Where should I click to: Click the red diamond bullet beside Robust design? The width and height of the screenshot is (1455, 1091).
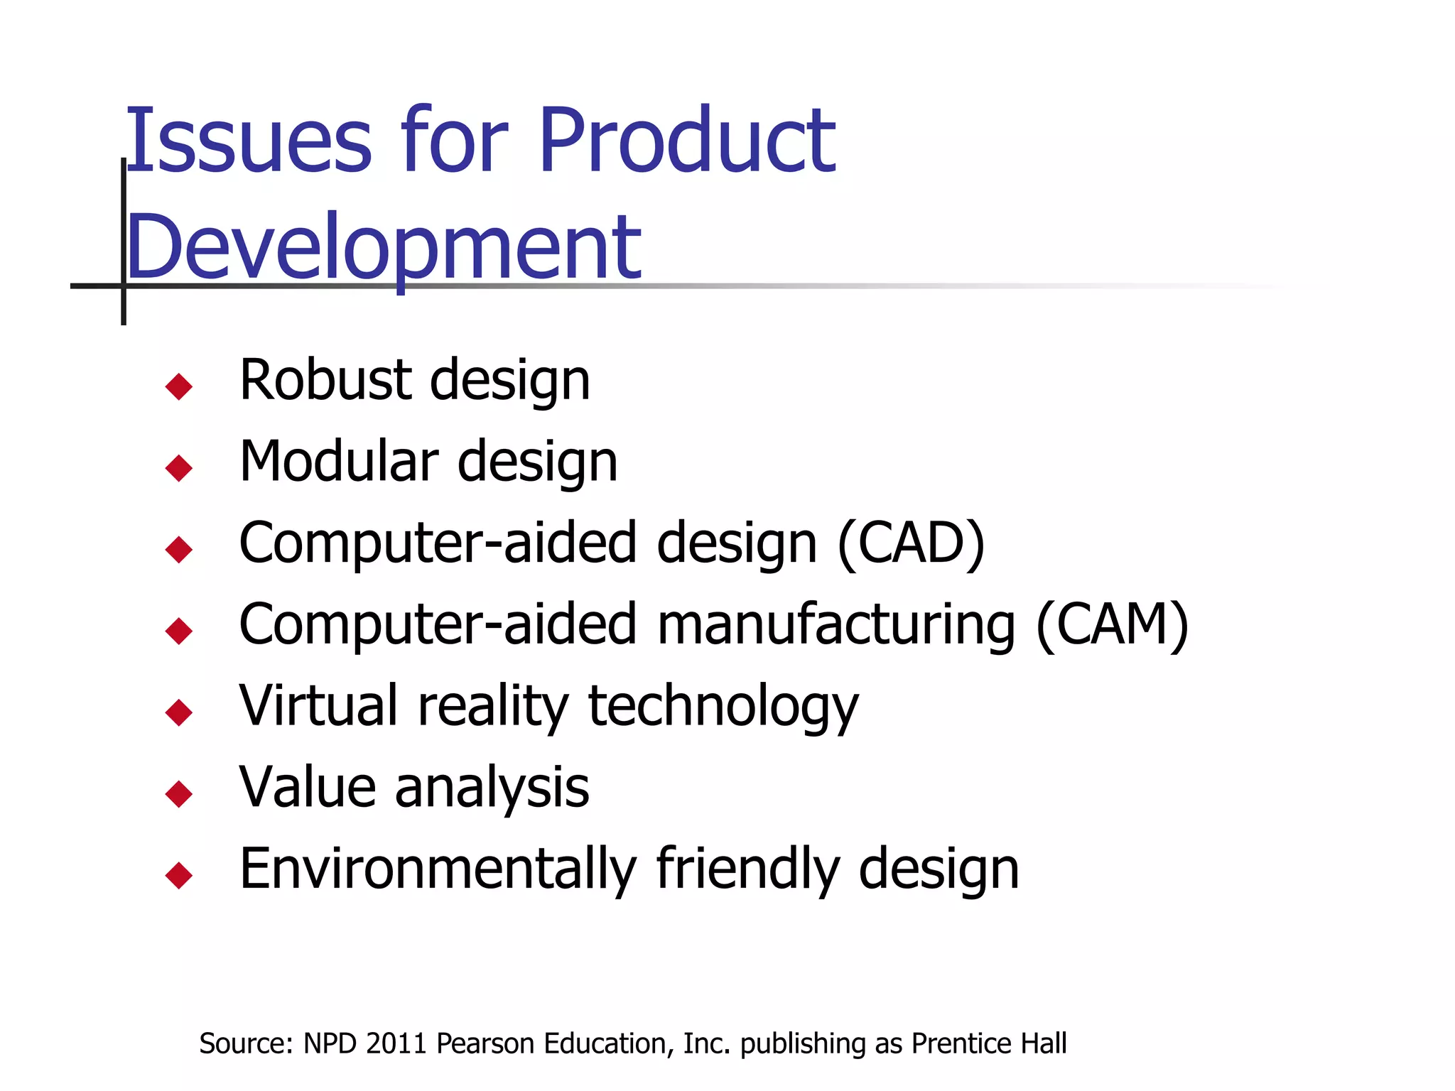[178, 386]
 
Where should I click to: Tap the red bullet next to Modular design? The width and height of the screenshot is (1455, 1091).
[178, 468]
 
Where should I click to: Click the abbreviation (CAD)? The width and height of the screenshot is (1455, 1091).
[912, 543]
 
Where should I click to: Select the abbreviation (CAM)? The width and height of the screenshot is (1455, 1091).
[1112, 624]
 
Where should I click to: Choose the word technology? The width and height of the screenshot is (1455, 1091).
[723, 707]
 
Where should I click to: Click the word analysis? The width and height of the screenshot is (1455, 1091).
[492, 788]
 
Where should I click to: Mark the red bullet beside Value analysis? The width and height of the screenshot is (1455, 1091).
[178, 793]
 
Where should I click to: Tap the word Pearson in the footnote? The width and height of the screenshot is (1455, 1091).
[485, 1043]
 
